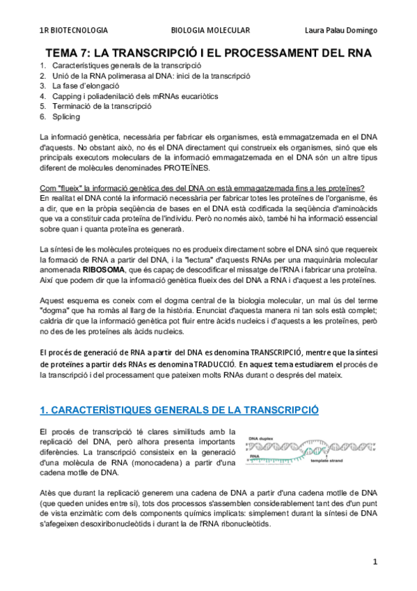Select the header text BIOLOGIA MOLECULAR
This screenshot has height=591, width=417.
coord(210,30)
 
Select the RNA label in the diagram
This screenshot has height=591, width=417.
coord(254,455)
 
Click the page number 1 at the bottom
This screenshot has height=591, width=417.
coord(374,562)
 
